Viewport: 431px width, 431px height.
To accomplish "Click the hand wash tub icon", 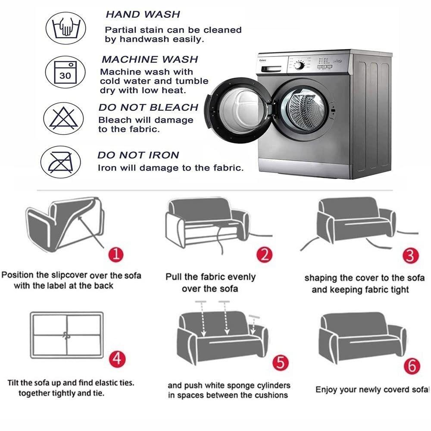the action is click(66, 28).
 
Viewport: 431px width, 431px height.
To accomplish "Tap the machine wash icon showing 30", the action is click(65, 72).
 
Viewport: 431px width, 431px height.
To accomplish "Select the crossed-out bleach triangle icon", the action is click(63, 119).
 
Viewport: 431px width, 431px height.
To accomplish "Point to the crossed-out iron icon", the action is click(61, 162).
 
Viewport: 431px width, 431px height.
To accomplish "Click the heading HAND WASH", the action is click(143, 14).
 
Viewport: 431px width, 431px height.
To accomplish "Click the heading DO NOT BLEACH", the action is click(148, 107).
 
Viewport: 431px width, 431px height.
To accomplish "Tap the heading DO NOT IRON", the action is click(138, 155).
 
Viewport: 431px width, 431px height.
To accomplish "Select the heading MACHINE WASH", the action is click(150, 59).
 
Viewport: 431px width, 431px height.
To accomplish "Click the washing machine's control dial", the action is click(299, 66).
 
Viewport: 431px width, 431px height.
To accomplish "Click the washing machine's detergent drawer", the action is click(271, 69).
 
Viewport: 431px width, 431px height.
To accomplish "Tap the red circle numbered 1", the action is click(116, 254).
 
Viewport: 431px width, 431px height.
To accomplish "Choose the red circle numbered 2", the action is click(265, 255).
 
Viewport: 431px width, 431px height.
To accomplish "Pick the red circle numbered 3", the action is click(410, 255).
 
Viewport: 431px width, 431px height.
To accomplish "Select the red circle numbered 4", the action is click(117, 359).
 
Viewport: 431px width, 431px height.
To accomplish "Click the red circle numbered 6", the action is click(412, 366).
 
